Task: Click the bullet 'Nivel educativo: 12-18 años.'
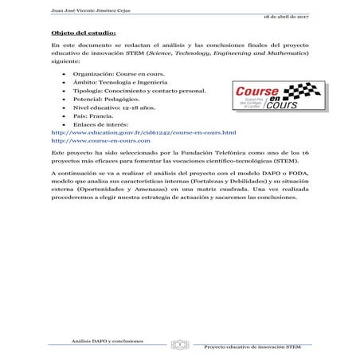pyautogui.click(x=108, y=115)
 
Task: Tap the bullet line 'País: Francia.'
pyautogui.click(x=89, y=125)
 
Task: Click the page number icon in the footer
pyautogui.click(x=181, y=345)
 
